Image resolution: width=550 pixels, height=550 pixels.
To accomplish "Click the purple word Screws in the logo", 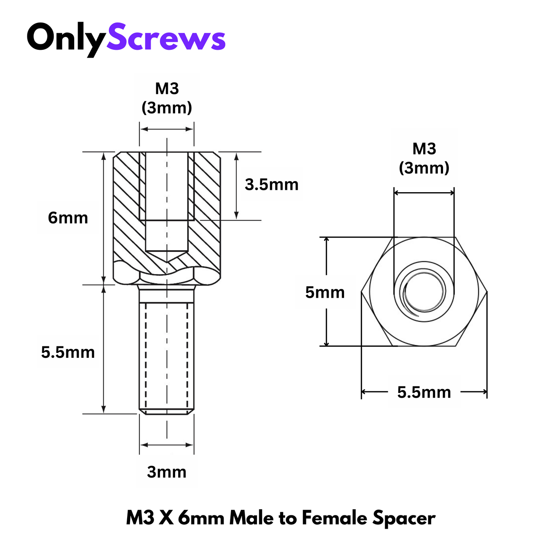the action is (166, 37).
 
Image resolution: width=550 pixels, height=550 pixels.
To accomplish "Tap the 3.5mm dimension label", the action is (271, 184).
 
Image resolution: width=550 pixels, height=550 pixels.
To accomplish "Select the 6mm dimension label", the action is (68, 218).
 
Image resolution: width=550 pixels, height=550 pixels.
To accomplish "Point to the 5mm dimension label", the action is (325, 292).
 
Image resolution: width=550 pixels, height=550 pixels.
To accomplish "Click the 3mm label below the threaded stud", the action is (167, 472).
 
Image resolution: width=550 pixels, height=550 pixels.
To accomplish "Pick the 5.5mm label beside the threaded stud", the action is (68, 352).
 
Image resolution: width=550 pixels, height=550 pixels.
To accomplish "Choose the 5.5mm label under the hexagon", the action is (424, 392).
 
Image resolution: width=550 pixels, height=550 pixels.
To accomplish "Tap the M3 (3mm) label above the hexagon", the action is (424, 158).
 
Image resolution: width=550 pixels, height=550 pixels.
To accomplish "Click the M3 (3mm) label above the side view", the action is (167, 98).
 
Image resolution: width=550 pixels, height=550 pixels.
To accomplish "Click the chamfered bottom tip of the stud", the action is (167, 411).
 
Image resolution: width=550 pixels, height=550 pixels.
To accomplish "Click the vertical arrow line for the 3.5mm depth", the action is (236, 186).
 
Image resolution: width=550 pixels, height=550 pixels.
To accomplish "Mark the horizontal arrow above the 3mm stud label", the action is (167, 445).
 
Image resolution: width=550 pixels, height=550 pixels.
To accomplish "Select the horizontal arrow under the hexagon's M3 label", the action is (424, 193).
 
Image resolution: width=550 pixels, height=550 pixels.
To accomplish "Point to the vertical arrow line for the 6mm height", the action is (104, 218).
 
